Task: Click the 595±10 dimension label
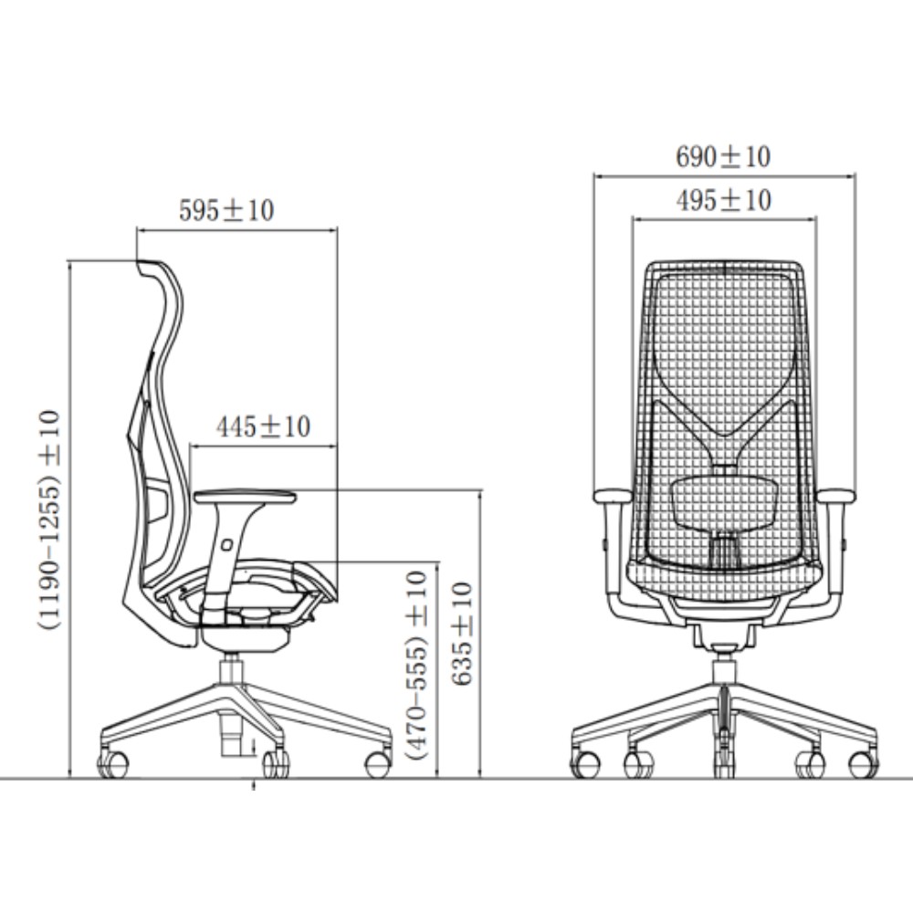coord(226,210)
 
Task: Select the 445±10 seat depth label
coord(263,426)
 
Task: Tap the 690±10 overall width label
coord(723,157)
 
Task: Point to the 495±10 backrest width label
coord(724,200)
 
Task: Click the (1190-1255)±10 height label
coord(49,519)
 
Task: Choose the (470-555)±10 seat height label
coord(417,666)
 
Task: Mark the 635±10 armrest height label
coord(462,634)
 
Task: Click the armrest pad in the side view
coord(245,497)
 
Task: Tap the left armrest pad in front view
coord(612,496)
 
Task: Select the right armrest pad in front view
coord(836,496)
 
